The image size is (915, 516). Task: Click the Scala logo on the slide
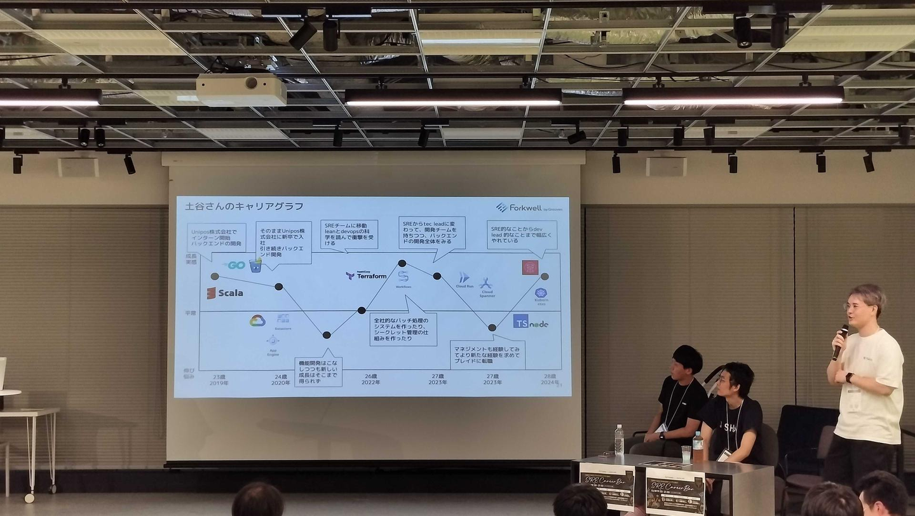(225, 293)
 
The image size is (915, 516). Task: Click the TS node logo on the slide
(531, 322)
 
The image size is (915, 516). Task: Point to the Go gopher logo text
(236, 265)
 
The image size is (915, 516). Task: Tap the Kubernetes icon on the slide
(541, 293)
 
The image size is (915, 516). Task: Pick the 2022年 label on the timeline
(370, 382)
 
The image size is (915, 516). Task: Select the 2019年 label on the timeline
(219, 383)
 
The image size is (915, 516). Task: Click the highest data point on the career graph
(402, 262)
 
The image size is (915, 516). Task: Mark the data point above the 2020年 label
(278, 287)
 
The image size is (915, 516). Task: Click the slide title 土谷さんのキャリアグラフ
(244, 207)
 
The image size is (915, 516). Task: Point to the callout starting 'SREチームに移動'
(349, 234)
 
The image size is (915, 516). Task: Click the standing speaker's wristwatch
(849, 377)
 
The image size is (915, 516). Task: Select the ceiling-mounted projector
(241, 90)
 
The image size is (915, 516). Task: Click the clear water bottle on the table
(619, 439)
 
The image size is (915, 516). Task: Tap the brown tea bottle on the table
(698, 446)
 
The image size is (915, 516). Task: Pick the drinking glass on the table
(686, 453)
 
